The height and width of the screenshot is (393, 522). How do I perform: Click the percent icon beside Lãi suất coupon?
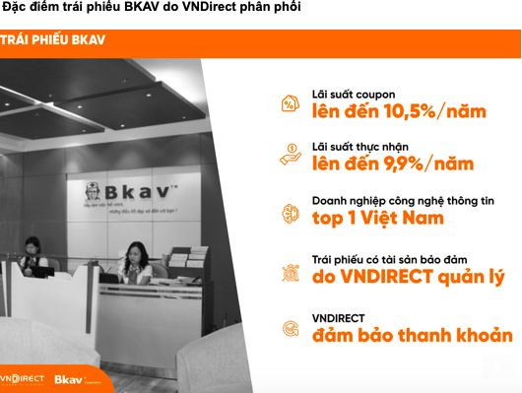291,102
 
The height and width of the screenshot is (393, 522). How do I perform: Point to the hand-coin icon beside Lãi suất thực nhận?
291,155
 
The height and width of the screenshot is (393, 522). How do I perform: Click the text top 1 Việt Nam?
377,218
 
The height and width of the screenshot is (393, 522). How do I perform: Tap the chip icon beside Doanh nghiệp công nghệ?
291,210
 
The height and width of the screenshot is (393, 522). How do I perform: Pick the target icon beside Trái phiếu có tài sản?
291,269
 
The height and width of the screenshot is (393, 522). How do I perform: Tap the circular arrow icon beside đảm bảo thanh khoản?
291,327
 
